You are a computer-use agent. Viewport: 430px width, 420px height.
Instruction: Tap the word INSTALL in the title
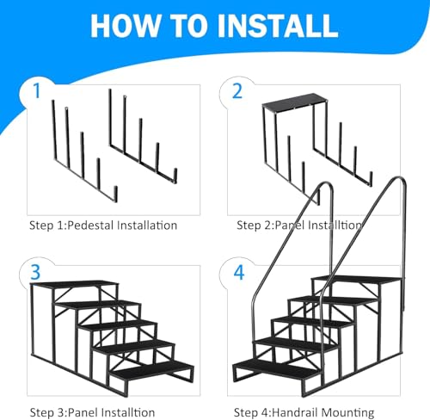click(x=278, y=26)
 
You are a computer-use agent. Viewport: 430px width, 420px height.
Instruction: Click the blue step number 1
click(x=36, y=91)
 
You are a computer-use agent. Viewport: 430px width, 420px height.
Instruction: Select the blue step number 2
click(x=237, y=91)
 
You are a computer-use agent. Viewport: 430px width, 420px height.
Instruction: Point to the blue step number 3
click(x=35, y=272)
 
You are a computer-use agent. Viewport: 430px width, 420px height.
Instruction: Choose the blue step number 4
click(x=239, y=273)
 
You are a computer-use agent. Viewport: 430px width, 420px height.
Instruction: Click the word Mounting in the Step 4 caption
click(x=347, y=413)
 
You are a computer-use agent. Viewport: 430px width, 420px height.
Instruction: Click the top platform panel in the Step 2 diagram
click(x=294, y=102)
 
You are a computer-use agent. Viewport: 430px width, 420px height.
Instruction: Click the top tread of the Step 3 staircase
click(x=75, y=283)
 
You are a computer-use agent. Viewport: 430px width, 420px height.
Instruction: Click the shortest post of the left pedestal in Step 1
click(x=115, y=194)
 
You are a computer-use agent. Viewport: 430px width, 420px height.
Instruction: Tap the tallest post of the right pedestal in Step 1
click(x=110, y=117)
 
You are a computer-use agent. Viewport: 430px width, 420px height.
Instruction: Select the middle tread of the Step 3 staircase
click(x=118, y=324)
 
